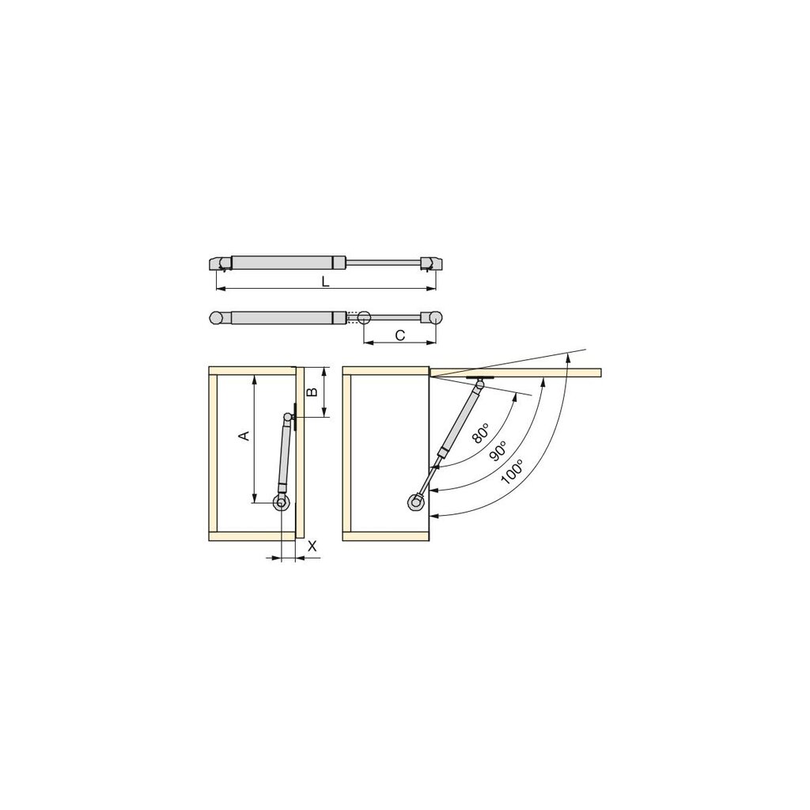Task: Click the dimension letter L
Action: coord(325,282)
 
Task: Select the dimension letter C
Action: coord(399,335)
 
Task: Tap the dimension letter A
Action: coord(244,436)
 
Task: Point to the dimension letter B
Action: coord(312,392)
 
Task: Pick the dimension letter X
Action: coord(312,545)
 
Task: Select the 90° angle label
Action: coord(498,452)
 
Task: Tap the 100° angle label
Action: coord(512,472)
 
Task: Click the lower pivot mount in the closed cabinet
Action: coord(281,502)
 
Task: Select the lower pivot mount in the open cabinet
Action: coord(416,502)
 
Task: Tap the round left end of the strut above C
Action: coord(216,317)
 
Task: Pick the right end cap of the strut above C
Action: coord(432,317)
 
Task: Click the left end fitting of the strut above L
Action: coord(219,263)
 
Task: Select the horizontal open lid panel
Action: coord(514,373)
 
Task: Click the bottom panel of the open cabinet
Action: coord(385,536)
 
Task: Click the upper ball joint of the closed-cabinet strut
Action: coord(286,417)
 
